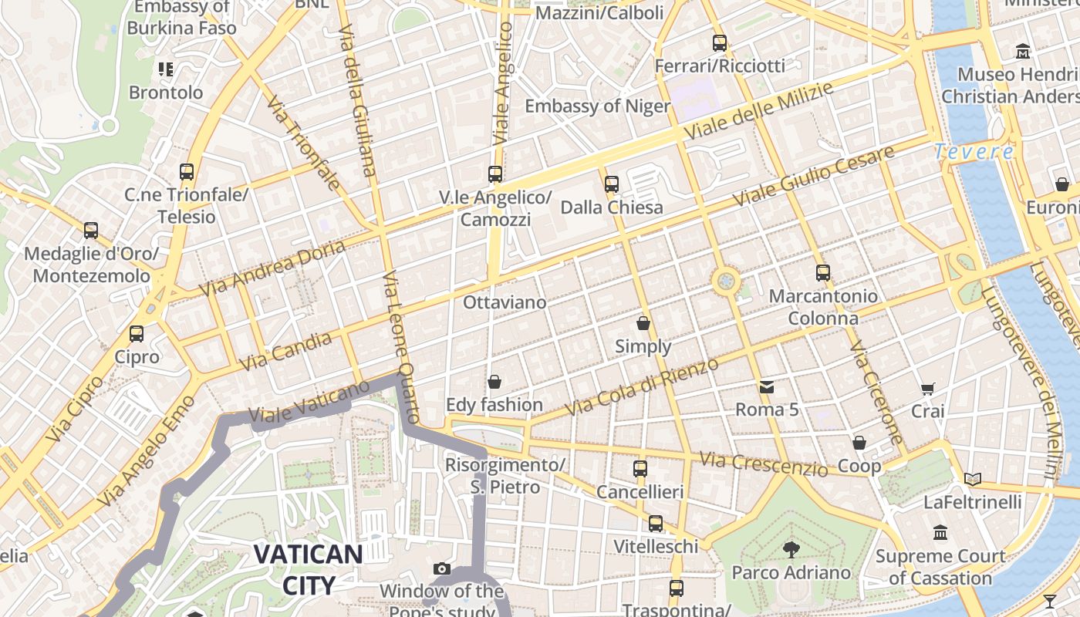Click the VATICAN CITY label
coord(308,569)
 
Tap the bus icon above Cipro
coord(137,334)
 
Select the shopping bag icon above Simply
coord(643,323)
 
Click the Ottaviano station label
coord(505,302)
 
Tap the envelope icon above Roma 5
coord(766,386)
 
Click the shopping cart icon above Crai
coord(927,389)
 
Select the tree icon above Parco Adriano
coord(791,549)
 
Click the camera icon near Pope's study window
coord(442,569)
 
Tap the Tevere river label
coord(973,152)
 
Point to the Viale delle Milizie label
coord(759,111)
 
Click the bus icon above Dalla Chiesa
coord(612,184)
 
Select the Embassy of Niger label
coord(597,106)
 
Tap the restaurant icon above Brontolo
coord(166,69)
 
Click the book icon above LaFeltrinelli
coord(973,480)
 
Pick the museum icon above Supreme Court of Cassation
coord(940,532)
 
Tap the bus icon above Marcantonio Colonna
coord(823,273)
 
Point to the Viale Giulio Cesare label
coord(814,175)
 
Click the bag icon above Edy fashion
coord(494,382)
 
